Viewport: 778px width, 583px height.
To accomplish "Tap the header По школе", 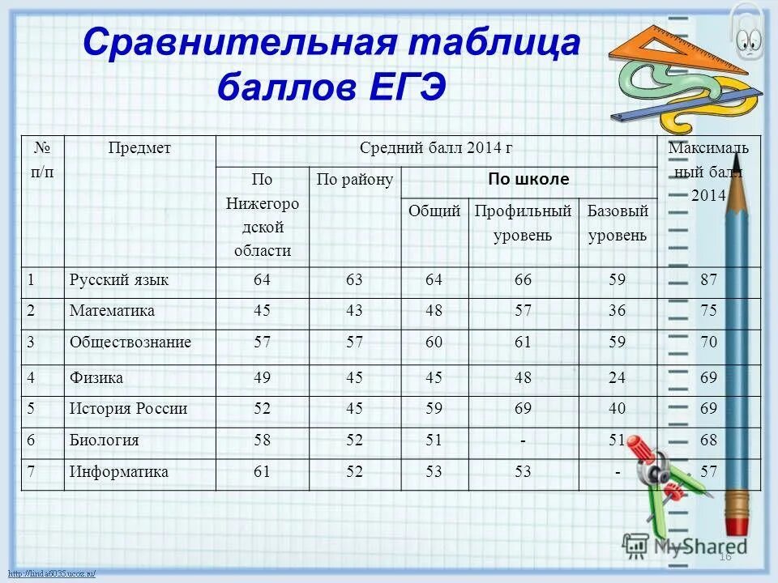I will (x=528, y=179).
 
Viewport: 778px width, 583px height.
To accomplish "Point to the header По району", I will (x=355, y=179).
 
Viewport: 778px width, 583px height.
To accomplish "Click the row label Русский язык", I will (x=119, y=280).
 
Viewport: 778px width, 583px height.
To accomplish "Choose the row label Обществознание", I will (x=130, y=342).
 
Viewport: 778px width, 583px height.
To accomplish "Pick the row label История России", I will (x=129, y=409).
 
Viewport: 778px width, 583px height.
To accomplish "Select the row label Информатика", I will (x=119, y=471).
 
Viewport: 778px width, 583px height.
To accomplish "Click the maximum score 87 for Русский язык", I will (x=709, y=280).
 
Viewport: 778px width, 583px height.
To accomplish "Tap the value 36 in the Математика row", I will (x=618, y=311).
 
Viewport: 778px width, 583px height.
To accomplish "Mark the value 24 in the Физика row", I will (x=618, y=377).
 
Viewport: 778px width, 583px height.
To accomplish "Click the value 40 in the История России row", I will (x=618, y=409).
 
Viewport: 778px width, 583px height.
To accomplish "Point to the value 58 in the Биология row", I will (x=262, y=440).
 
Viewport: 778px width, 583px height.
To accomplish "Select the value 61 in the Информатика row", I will (x=262, y=471).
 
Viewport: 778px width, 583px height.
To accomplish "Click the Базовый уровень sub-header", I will (x=618, y=223).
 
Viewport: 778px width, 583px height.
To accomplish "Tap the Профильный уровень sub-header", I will (x=524, y=223).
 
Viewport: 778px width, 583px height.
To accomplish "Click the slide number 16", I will (x=725, y=557).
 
